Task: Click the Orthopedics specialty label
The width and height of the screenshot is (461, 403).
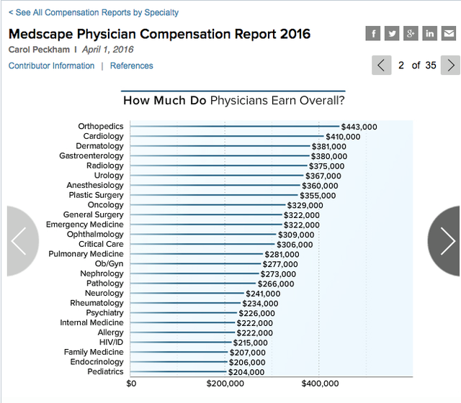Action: click(x=101, y=127)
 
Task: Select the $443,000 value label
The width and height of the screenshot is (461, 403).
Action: click(x=359, y=127)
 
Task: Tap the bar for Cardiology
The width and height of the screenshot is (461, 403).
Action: click(x=227, y=137)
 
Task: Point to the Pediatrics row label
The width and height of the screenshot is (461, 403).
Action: click(x=105, y=372)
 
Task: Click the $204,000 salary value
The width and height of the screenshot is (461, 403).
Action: click(x=246, y=372)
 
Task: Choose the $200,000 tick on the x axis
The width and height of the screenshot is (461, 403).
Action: click(x=225, y=384)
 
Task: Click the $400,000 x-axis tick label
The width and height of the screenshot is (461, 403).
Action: click(x=319, y=384)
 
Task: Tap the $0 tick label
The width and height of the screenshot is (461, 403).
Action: click(x=130, y=384)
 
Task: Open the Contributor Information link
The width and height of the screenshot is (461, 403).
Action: click(x=51, y=65)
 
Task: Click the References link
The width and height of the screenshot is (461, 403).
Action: click(x=131, y=65)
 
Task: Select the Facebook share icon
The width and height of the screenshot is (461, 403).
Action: click(x=373, y=33)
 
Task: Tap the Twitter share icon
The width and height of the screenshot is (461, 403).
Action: click(x=392, y=33)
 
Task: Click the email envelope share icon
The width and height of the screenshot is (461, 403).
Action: click(x=448, y=33)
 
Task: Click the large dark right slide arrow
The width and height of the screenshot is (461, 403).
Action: click(x=447, y=241)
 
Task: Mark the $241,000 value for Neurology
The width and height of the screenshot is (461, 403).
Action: click(x=263, y=294)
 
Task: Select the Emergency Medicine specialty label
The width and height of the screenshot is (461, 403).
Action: click(x=85, y=225)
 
